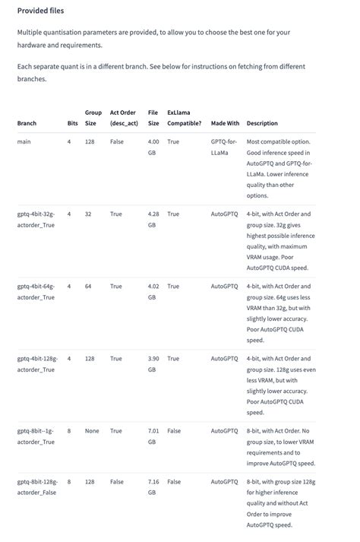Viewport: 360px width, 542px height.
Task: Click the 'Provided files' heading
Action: coord(40,11)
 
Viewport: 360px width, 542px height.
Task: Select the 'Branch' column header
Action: coord(27,123)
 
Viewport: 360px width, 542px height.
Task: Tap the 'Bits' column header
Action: coord(72,123)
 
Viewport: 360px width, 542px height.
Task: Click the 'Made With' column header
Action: coord(225,123)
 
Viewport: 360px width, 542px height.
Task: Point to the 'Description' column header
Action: coord(262,123)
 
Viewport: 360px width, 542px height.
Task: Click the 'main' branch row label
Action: coord(24,141)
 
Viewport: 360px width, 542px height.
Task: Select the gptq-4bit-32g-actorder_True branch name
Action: coord(36,219)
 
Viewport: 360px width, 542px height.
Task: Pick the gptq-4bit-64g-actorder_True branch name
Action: coord(36,291)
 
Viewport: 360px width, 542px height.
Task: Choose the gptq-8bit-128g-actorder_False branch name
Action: coord(36,487)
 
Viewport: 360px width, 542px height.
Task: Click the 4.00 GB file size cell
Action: coord(153,147)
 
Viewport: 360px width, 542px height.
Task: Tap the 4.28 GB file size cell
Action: coord(153,219)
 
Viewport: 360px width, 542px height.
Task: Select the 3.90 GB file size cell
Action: coord(153,363)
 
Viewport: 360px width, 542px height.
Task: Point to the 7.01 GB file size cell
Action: coord(153,436)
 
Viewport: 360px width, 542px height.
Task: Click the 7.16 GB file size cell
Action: coord(153,487)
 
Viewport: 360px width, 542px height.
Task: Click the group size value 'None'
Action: coord(92,431)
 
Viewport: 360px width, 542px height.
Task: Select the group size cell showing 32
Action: coord(88,214)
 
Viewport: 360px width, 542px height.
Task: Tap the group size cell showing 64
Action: coord(88,287)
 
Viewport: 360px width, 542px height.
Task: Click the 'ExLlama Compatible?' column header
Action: coord(184,118)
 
